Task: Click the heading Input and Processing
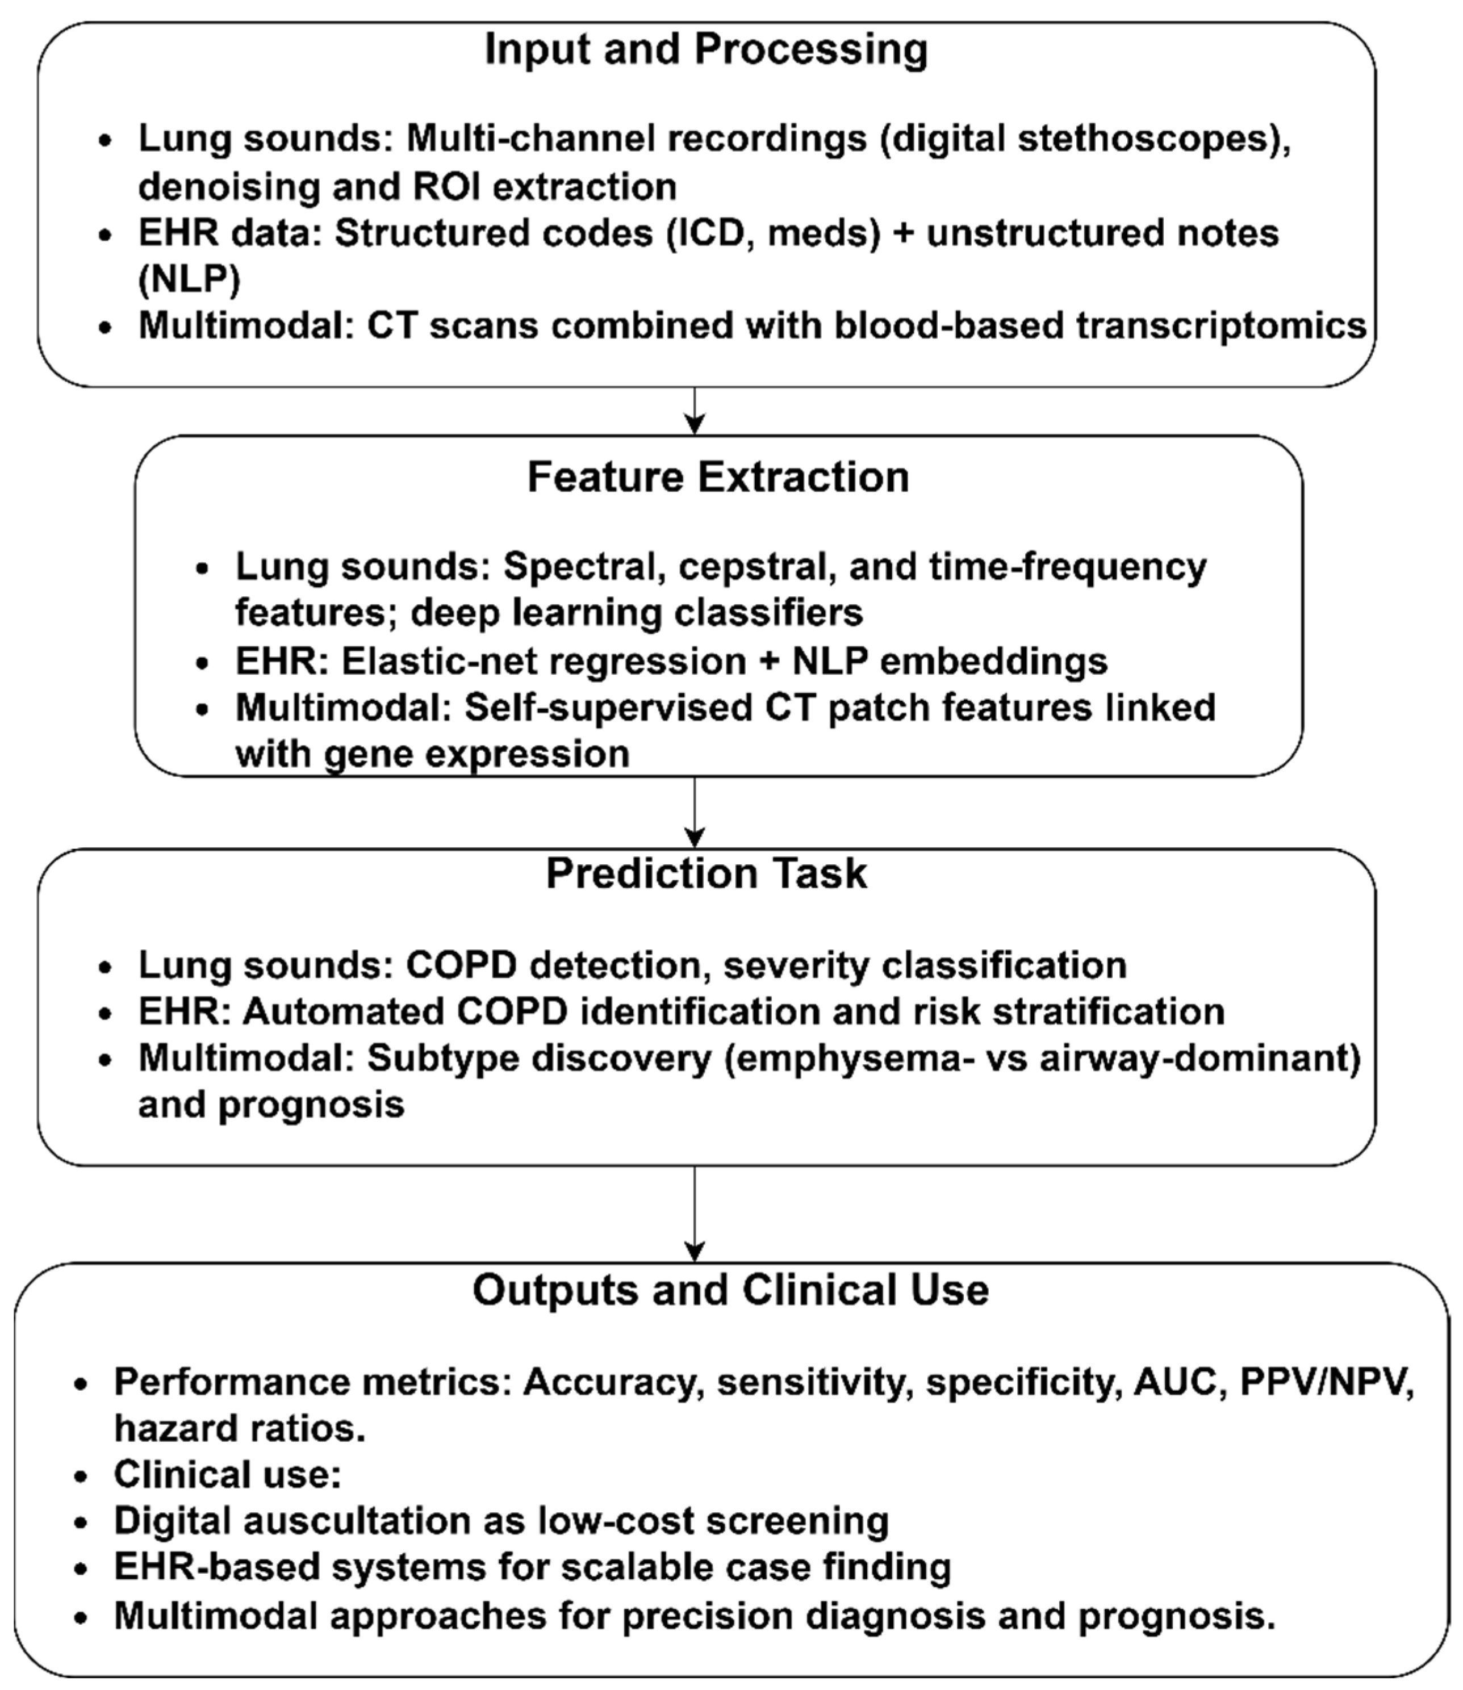pos(706,50)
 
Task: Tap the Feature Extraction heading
pos(718,477)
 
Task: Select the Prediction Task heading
pos(706,873)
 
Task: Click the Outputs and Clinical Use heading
pos(731,1291)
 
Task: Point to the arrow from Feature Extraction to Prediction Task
pos(694,812)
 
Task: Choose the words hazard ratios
pos(239,1429)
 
